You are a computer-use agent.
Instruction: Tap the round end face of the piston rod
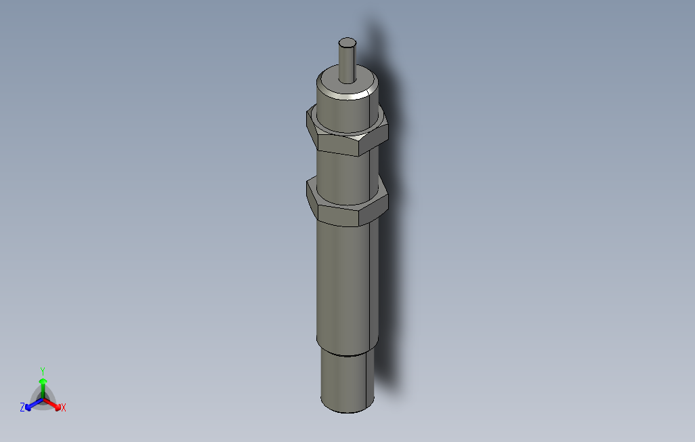[347, 43]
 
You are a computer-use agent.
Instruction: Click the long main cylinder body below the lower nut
[344, 285]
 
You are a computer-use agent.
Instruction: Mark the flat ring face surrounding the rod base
[362, 84]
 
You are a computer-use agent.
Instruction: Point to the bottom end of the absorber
[347, 409]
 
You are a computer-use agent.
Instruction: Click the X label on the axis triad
[64, 407]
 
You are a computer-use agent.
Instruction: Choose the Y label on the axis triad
[42, 371]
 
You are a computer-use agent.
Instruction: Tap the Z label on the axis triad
[22, 407]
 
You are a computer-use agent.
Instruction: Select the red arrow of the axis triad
[56, 405]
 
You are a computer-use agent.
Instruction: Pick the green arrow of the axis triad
[43, 385]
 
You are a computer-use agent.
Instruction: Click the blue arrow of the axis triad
[30, 405]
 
